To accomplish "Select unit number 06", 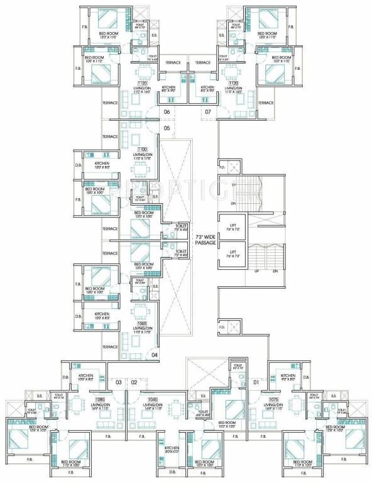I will point(167,113).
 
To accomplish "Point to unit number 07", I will point(207,113).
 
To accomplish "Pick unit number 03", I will point(118,382).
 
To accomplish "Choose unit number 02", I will point(134,382).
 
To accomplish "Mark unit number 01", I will point(255,382).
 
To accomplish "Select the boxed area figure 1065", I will point(142,323).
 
